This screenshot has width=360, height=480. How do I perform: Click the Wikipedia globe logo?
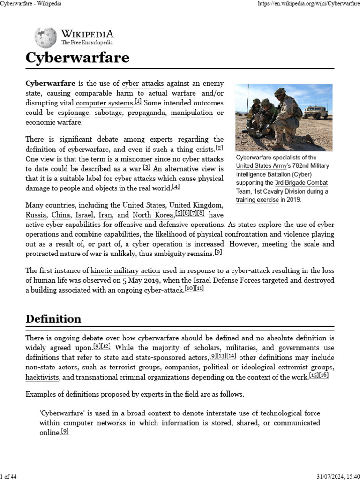tap(45, 37)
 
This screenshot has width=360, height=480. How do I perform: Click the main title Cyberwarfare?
tap(77, 58)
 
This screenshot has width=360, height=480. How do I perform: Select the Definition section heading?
tap(53, 319)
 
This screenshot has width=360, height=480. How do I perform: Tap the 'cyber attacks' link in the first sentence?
tap(142, 84)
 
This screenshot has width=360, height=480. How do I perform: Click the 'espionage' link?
tap(73, 113)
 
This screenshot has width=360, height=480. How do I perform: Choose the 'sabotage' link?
tap(108, 113)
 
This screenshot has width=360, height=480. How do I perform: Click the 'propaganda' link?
tap(147, 113)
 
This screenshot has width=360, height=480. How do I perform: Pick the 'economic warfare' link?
tap(53, 123)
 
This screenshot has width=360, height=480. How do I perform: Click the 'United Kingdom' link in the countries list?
tap(195, 205)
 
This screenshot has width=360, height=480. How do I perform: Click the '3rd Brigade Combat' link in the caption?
tap(301, 183)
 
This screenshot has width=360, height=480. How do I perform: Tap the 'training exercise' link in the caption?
tap(257, 200)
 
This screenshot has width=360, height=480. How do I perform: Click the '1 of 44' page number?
tap(9, 477)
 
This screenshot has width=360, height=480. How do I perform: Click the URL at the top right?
tap(309, 4)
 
